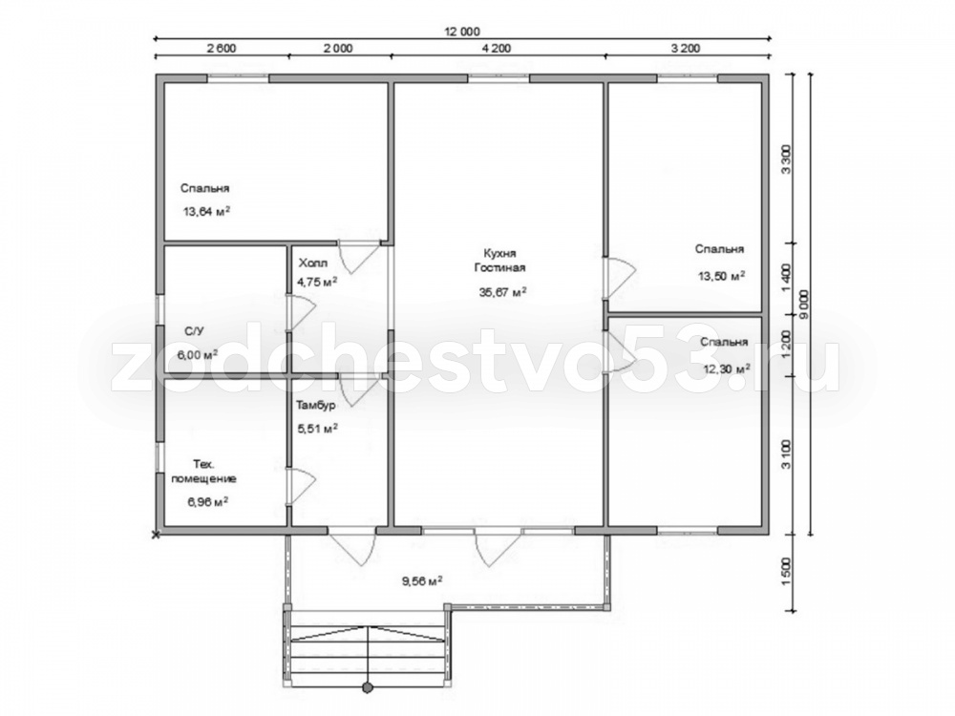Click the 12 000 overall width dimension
coord(463,32)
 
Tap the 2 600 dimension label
coord(222,49)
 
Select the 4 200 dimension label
coord(497,49)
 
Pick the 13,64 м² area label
coord(206,211)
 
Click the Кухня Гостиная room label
coord(500,260)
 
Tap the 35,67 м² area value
coord(503,291)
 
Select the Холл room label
coord(313,263)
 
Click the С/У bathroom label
coord(194,331)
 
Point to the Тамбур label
coord(315,404)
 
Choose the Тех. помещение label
coord(203,471)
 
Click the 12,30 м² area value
coord(727,369)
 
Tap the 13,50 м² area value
coord(722,276)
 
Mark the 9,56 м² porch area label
coord(422,580)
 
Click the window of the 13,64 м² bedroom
coord(238,78)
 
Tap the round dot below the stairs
coord(368,688)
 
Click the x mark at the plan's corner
coord(156,535)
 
